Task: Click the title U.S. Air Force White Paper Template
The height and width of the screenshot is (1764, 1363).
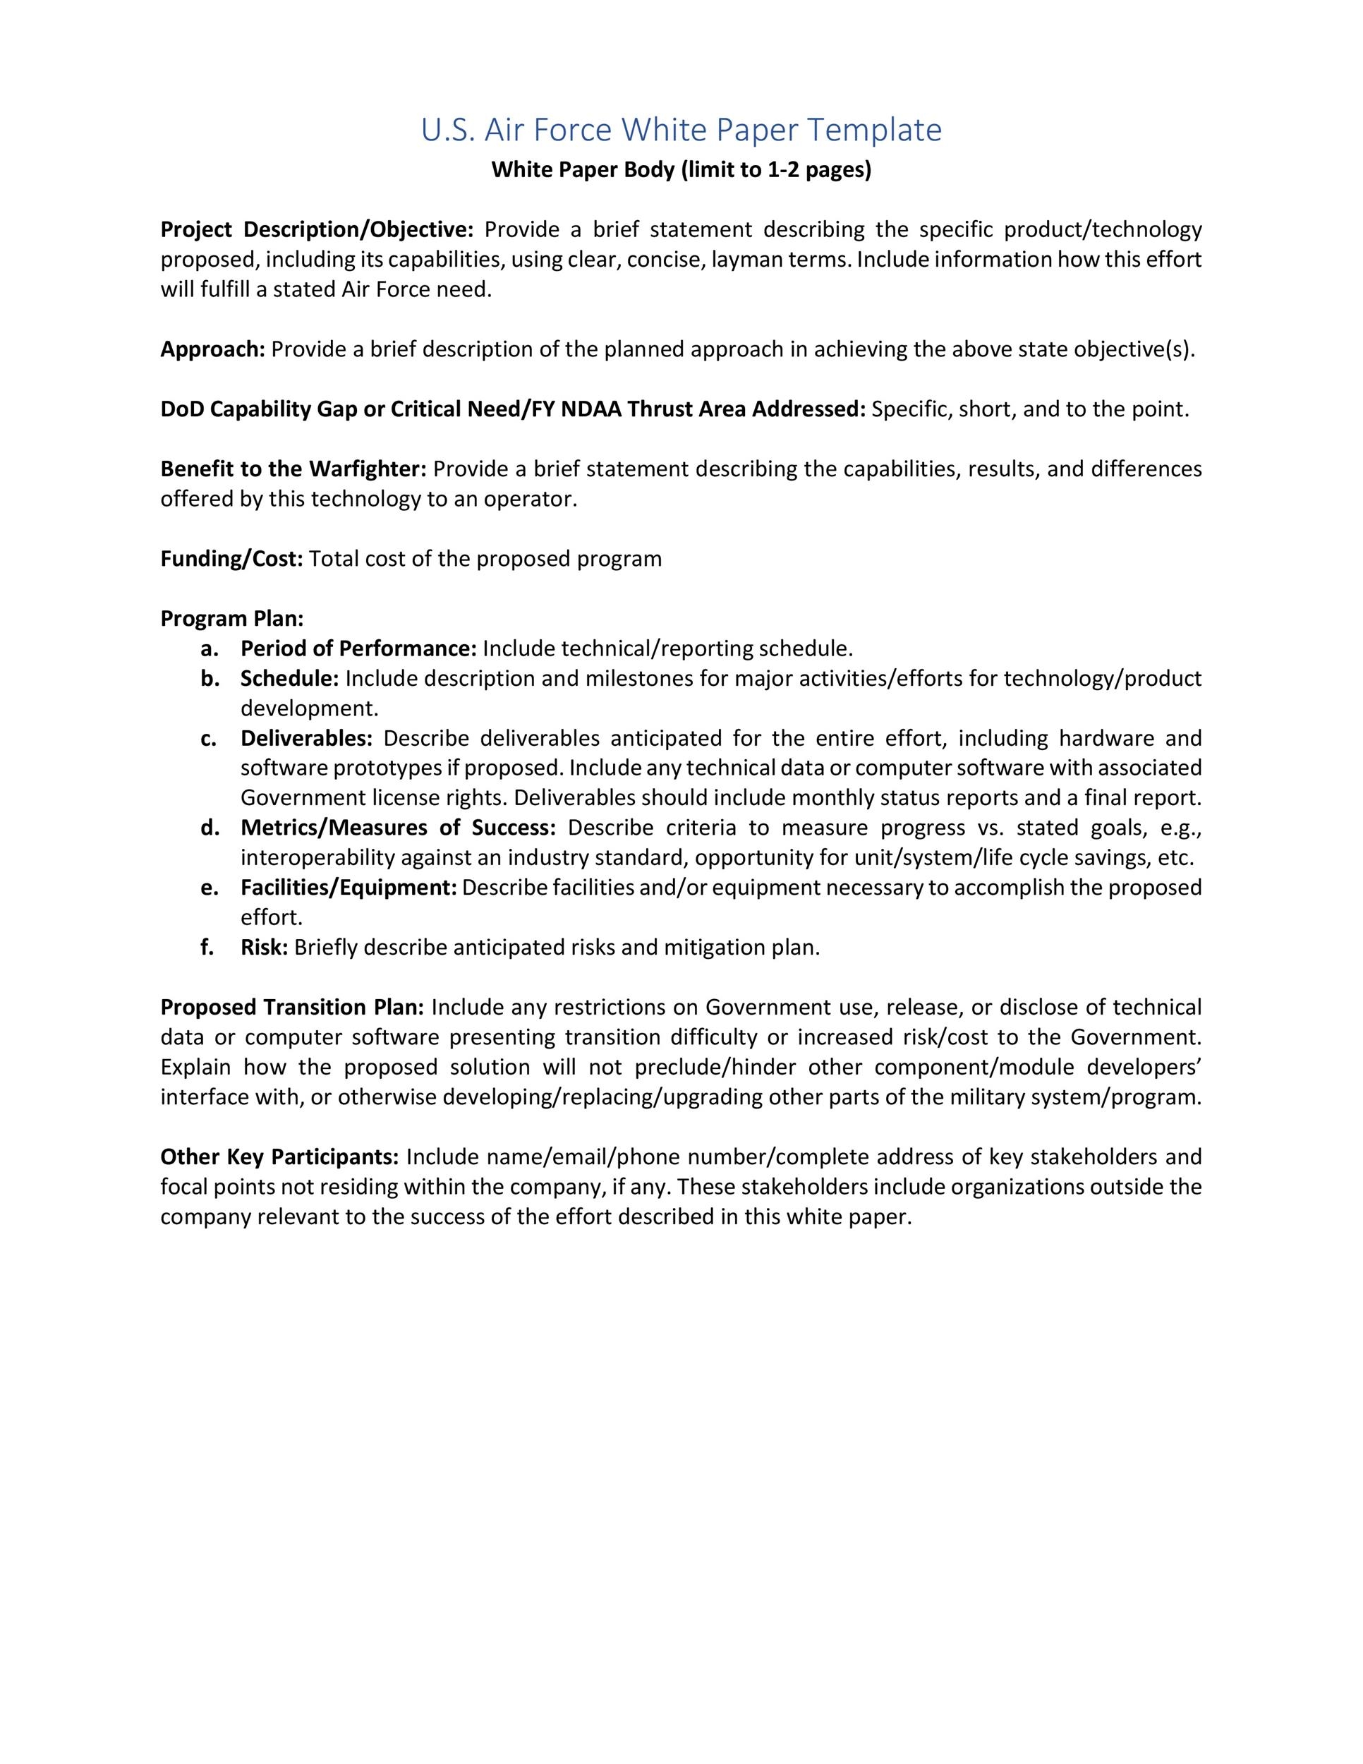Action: point(681,130)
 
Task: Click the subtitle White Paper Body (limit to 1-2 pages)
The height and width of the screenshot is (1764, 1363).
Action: point(681,171)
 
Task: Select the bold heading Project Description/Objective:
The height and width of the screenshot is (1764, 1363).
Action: point(317,230)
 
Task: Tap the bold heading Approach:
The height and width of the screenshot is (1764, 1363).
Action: point(212,350)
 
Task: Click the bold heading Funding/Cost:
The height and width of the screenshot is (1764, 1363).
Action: point(231,559)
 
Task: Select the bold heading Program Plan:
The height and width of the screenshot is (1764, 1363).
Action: point(231,619)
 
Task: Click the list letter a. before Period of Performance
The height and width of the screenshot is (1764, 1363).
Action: point(210,648)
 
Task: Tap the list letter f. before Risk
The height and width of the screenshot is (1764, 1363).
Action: point(208,948)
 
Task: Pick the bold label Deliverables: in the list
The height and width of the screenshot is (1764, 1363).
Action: point(306,738)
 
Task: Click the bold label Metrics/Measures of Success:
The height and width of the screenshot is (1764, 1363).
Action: point(398,828)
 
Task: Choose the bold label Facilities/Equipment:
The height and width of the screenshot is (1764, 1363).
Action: point(348,888)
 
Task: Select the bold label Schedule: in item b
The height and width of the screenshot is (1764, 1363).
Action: point(289,679)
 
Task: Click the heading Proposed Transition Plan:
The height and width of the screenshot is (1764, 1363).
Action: point(291,1007)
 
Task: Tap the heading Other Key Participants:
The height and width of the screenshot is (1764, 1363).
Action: point(279,1156)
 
